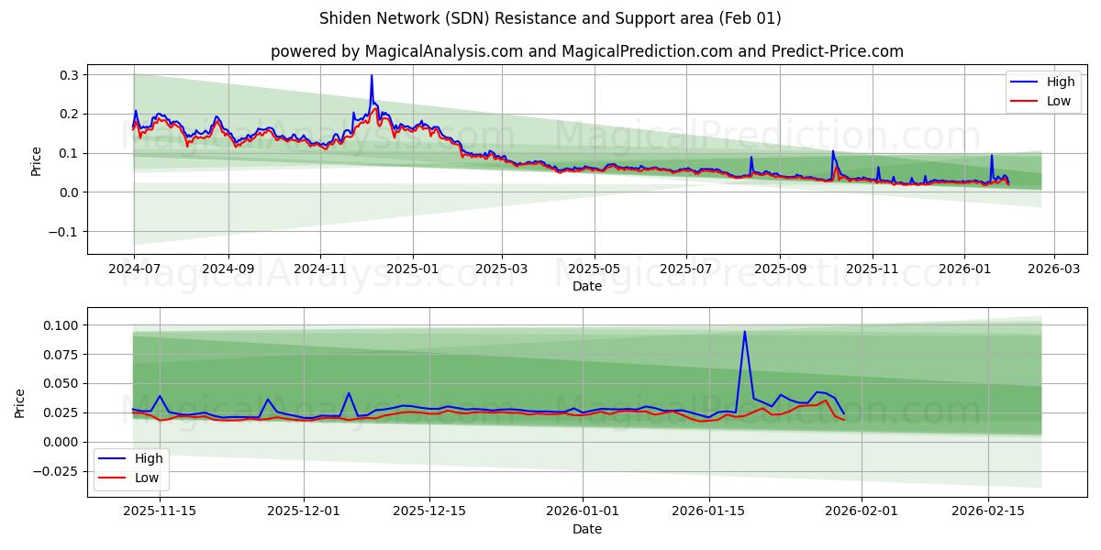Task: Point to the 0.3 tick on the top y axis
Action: click(69, 74)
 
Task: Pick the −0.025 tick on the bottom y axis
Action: click(56, 471)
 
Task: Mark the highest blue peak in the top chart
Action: click(372, 76)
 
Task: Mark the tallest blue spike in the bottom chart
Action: click(744, 332)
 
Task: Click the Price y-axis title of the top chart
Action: click(37, 160)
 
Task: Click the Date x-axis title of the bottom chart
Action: click(587, 529)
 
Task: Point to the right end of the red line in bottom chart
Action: click(843, 420)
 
